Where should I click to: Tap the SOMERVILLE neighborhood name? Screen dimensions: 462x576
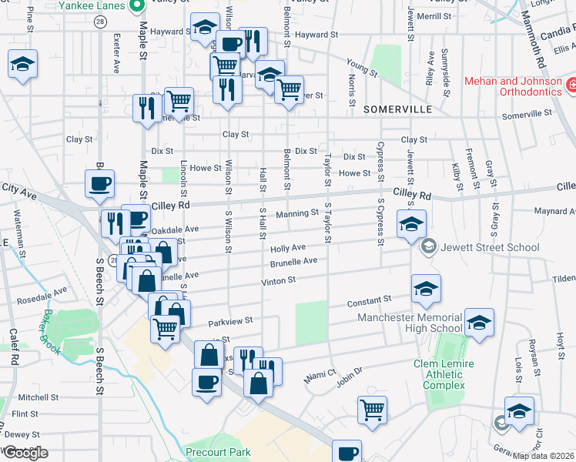pyautogui.click(x=398, y=109)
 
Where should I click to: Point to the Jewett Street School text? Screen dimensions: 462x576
pyautogui.click(x=491, y=247)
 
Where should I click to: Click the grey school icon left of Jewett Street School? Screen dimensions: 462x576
pyautogui.click(x=429, y=247)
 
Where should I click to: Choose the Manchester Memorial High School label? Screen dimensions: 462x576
pyautogui.click(x=410, y=323)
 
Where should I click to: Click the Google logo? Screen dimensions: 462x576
pyautogui.click(x=25, y=453)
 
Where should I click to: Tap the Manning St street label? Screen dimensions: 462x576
pyautogui.click(x=297, y=213)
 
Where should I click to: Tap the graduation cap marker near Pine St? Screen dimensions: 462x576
pyautogui.click(x=23, y=65)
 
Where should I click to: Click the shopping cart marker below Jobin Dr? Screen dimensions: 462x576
pyautogui.click(x=372, y=409)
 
